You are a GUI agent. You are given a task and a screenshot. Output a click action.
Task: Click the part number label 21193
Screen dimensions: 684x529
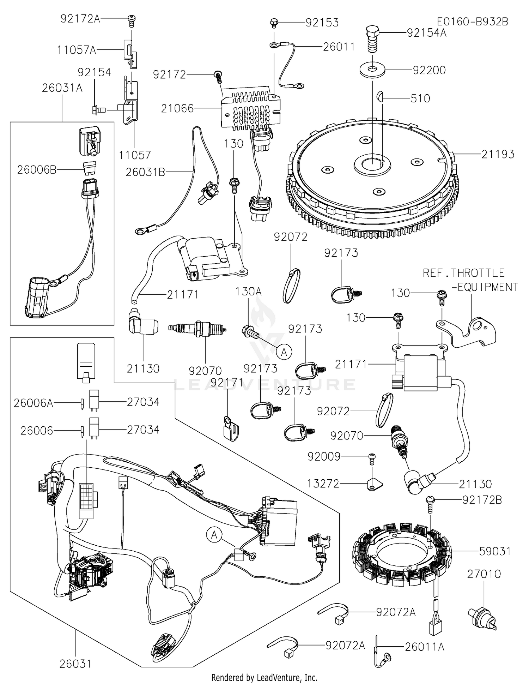[498, 154]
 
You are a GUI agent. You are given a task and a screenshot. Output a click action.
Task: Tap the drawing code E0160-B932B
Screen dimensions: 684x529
[472, 22]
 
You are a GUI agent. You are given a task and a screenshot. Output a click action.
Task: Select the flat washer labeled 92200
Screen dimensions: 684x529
[372, 70]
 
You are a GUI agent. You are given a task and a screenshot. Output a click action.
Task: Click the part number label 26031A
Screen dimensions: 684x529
[62, 88]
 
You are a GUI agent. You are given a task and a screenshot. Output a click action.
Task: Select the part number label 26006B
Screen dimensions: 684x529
[37, 170]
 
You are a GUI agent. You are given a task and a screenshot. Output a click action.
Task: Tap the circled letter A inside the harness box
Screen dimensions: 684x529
[214, 535]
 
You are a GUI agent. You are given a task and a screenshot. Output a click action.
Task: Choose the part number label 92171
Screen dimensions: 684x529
[227, 383]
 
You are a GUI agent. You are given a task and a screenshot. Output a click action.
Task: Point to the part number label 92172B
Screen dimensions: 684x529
[482, 500]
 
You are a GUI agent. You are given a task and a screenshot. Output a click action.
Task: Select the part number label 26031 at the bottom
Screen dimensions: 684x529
[75, 664]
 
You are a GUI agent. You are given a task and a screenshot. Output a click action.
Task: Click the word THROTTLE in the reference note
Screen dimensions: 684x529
[478, 273]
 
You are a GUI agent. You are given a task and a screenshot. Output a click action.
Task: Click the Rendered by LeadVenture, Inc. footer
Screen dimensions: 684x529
[264, 677]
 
